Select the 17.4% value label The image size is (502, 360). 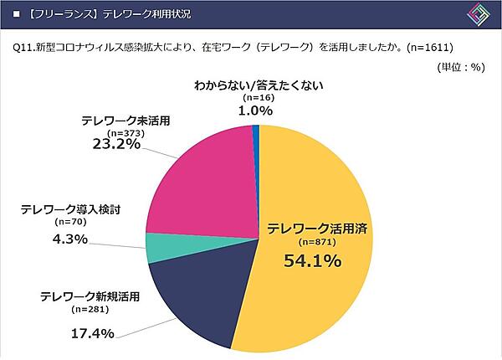click(87, 333)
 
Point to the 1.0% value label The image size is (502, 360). click(257, 110)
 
